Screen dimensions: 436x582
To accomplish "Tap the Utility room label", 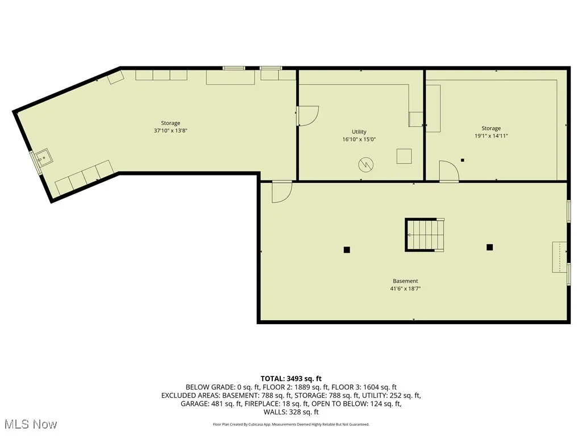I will [359, 132].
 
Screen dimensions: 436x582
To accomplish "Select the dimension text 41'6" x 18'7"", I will [405, 288].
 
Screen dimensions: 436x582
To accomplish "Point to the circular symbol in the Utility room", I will [365, 165].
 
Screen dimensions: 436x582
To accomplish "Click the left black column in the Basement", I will [347, 249].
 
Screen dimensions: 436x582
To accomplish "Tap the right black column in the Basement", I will [489, 247].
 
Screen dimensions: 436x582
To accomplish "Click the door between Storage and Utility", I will [307, 116].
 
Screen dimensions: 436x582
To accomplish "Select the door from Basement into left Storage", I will [281, 191].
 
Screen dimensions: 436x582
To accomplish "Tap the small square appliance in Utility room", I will [405, 156].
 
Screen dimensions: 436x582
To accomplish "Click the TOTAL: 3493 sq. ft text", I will [291, 379].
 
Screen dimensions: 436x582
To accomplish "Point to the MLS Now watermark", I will [31, 424].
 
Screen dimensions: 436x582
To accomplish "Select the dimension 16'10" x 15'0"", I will [359, 139].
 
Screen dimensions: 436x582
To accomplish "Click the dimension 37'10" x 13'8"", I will [171, 130].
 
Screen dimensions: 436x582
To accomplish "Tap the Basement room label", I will [405, 281].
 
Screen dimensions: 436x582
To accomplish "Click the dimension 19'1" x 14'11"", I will [492, 136].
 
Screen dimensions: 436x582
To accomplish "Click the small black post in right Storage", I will [463, 160].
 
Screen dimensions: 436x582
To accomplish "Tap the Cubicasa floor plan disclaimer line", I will [291, 424].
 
